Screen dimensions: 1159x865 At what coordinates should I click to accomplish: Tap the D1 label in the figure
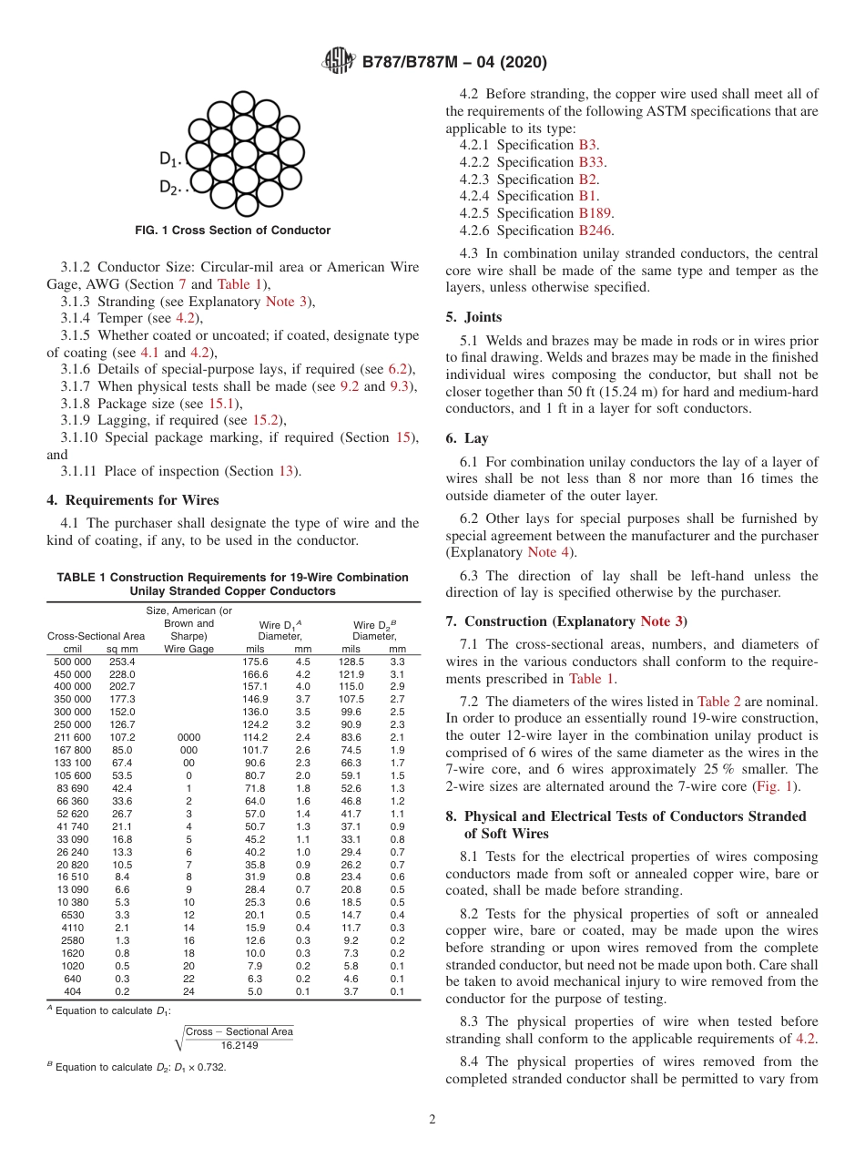tap(169, 159)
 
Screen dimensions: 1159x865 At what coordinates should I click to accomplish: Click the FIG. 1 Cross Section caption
tap(232, 231)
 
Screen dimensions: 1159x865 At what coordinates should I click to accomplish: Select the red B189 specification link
tap(595, 213)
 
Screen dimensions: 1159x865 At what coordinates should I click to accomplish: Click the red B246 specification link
tap(595, 231)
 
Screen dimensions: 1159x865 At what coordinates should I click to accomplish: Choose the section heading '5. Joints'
tap(473, 317)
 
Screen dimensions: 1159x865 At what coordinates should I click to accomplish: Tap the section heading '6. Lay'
tap(466, 438)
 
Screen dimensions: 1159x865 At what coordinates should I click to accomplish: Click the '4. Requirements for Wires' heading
tap(133, 499)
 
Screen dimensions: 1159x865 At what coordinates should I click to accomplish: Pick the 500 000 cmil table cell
tap(72, 662)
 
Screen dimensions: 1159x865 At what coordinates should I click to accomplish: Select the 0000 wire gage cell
tap(188, 737)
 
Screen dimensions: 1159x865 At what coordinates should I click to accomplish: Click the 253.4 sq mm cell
tap(122, 662)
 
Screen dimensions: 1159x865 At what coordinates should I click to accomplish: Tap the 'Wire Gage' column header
tap(188, 649)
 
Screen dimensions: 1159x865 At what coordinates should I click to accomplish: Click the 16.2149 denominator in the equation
tap(240, 1045)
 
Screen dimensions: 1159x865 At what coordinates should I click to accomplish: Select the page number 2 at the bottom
tap(432, 1120)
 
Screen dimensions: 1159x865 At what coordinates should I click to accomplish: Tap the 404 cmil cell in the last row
tap(72, 991)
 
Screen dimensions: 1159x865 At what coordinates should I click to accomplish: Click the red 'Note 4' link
tap(551, 552)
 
